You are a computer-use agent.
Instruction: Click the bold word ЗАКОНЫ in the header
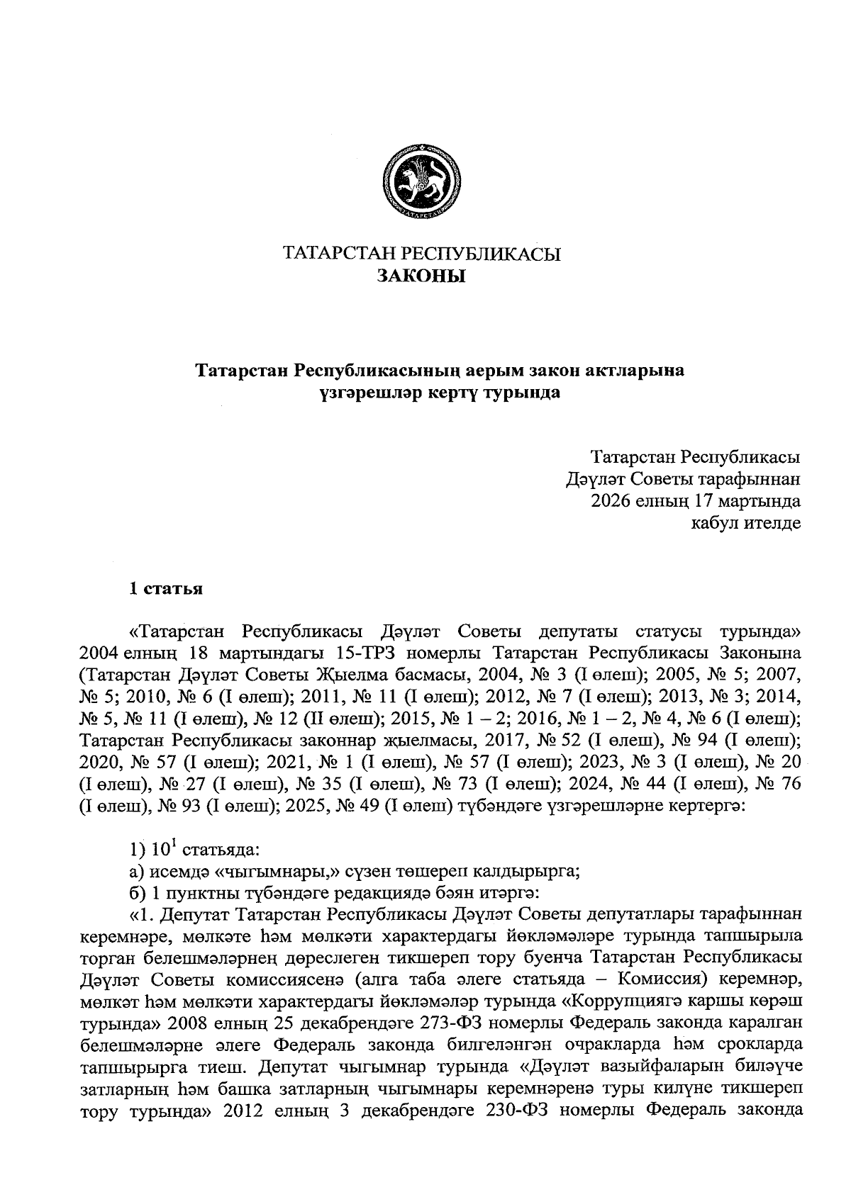tap(422, 276)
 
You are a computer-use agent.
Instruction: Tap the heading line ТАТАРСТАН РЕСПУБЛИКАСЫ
tap(422, 254)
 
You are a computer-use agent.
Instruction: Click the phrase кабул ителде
tap(746, 524)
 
